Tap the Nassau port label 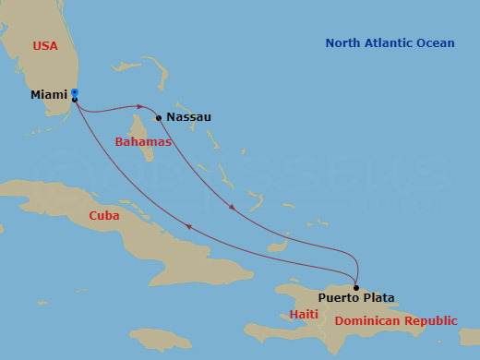pyautogui.click(x=189, y=117)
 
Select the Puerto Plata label pyautogui.click(x=356, y=298)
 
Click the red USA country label pyautogui.click(x=45, y=45)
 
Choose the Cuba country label pyautogui.click(x=104, y=215)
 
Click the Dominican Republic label pyautogui.click(x=396, y=321)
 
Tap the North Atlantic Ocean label pyautogui.click(x=390, y=43)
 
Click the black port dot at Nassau pyautogui.click(x=159, y=117)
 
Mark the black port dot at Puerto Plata pyautogui.click(x=356, y=287)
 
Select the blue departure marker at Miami pyautogui.click(x=75, y=92)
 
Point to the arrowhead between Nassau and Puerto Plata pyautogui.click(x=231, y=207)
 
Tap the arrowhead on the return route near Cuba pyautogui.click(x=188, y=227)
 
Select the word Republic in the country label pyautogui.click(x=428, y=321)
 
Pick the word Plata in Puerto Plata pyautogui.click(x=378, y=298)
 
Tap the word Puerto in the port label pyautogui.click(x=339, y=298)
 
